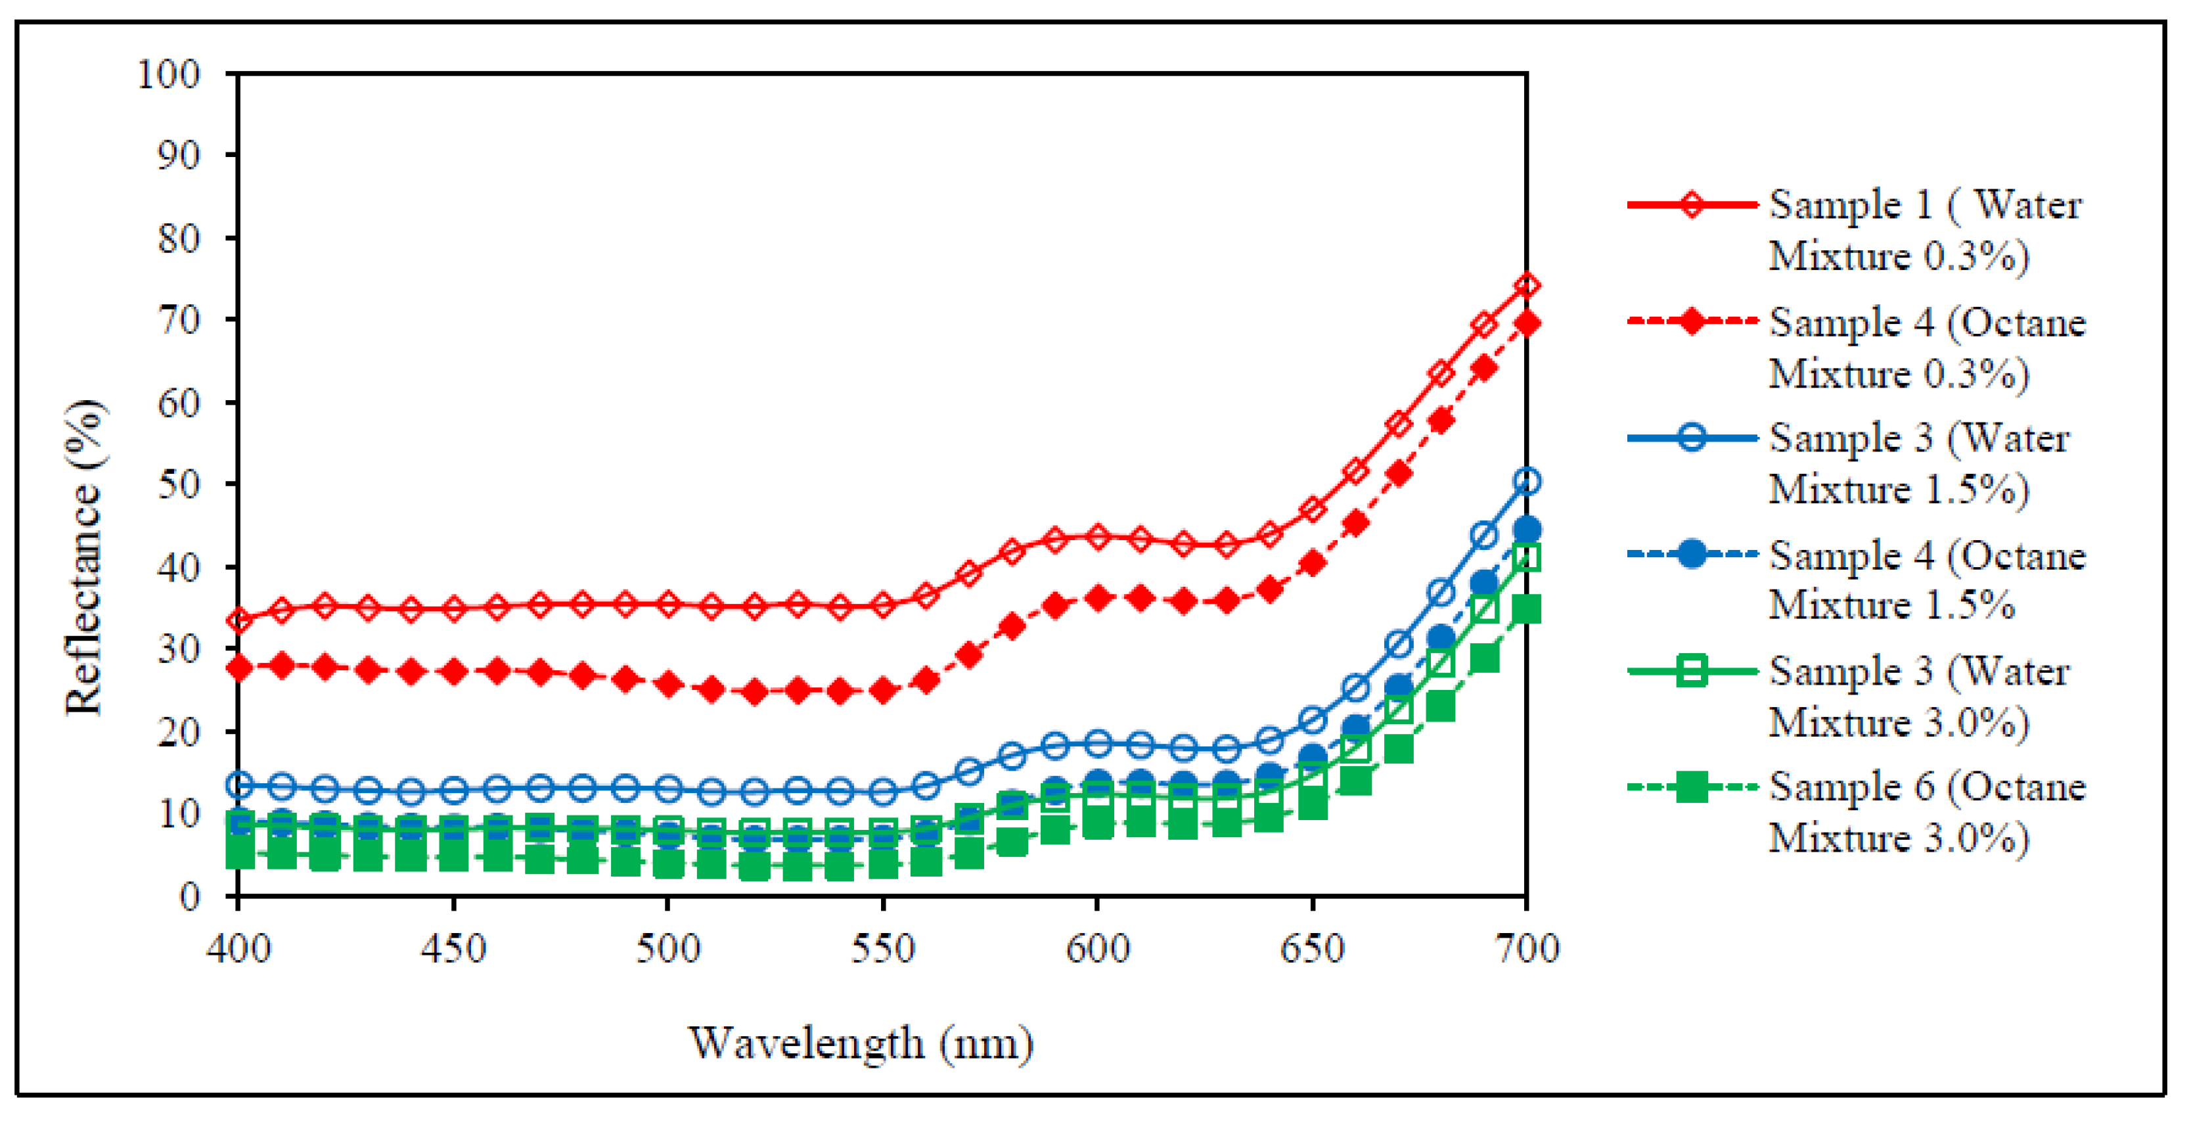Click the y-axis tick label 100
168,74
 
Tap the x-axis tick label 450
453,948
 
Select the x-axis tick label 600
1097,948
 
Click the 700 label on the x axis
1527,948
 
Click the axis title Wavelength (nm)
860,1043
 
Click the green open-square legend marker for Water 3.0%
1692,670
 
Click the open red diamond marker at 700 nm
1527,285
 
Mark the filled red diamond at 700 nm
1527,323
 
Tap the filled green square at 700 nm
1527,609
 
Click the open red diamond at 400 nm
239,620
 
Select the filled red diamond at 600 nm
1097,598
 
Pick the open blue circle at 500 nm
669,789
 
